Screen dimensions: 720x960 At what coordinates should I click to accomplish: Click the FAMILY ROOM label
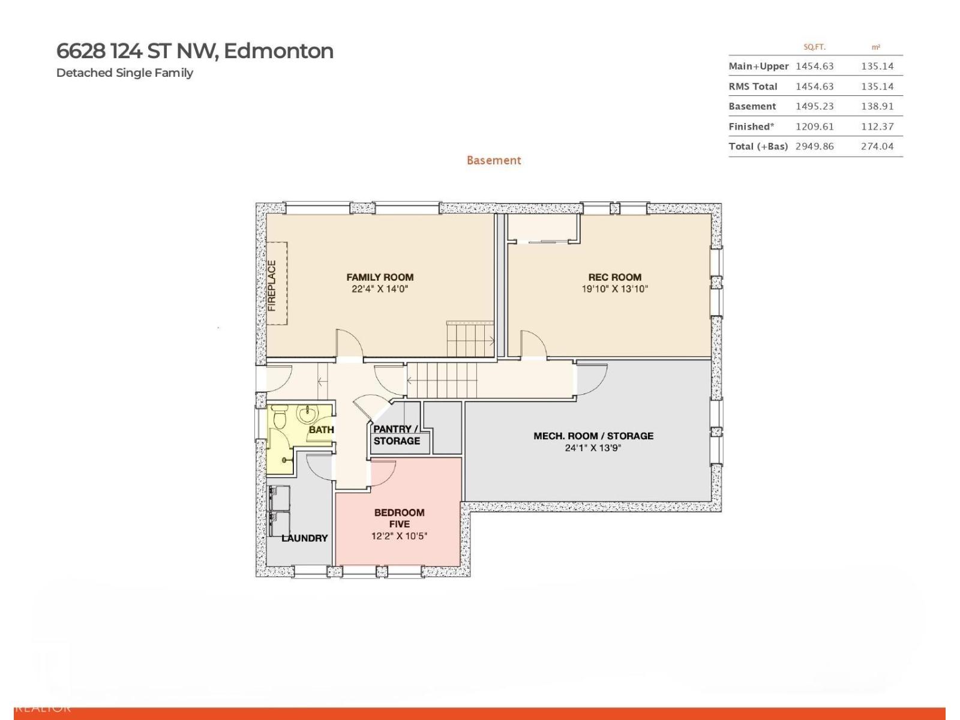pos(380,277)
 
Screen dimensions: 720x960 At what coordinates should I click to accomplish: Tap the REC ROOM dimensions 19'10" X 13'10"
pos(614,289)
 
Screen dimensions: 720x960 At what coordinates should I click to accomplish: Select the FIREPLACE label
pos(272,286)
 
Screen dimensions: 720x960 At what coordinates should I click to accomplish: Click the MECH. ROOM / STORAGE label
pos(593,436)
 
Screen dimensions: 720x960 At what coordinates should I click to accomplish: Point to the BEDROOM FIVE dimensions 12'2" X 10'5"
pos(399,536)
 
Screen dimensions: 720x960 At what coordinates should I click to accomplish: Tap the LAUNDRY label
pos(305,538)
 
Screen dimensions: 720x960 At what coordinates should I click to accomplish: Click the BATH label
pos(322,430)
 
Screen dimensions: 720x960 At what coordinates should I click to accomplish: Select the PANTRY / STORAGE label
pos(396,435)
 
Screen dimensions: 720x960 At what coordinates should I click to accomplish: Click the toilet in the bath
pos(280,417)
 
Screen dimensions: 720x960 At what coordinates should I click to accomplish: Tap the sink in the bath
pos(307,413)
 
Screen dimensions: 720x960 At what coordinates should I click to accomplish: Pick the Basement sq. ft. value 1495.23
pos(814,106)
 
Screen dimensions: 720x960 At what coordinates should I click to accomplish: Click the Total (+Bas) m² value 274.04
pos(877,146)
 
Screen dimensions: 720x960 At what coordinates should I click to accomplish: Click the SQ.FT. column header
pos(814,47)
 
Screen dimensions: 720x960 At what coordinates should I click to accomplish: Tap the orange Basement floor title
pos(494,160)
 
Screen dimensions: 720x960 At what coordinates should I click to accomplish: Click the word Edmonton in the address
pos(278,51)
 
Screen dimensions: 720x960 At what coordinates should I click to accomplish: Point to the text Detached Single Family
pos(125,73)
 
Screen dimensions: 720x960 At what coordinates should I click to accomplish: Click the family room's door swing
pos(350,345)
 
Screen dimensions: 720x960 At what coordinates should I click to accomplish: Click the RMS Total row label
pos(752,86)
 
